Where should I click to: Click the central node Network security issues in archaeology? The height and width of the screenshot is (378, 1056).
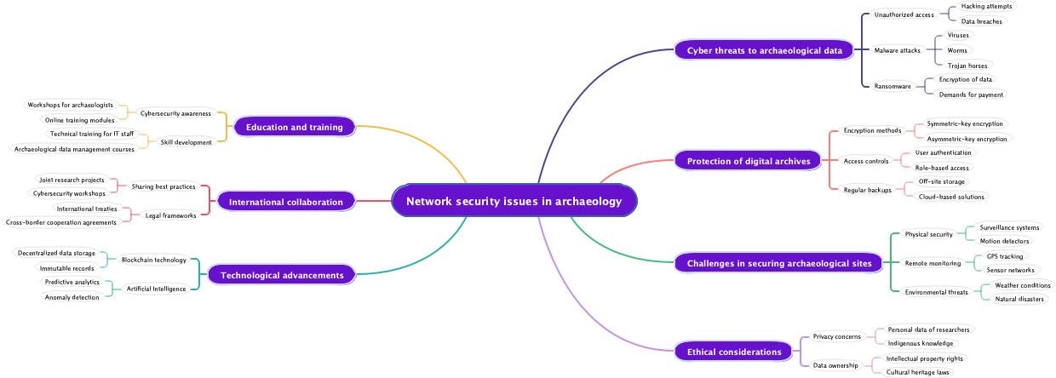pyautogui.click(x=514, y=202)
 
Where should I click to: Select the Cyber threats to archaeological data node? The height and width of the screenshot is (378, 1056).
pyautogui.click(x=764, y=50)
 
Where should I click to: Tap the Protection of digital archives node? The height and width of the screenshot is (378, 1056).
pyautogui.click(x=748, y=160)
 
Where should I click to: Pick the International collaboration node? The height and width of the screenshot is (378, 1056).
pyautogui.click(x=285, y=202)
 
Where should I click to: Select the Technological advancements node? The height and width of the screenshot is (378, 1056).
pyautogui.click(x=281, y=275)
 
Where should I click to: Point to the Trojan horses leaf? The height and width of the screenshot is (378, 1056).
pyautogui.click(x=967, y=66)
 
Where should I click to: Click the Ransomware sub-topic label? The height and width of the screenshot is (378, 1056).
pyautogui.click(x=892, y=86)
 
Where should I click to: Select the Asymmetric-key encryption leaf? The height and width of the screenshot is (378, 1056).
pyautogui.click(x=967, y=139)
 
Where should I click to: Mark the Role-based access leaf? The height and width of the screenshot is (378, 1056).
pyautogui.click(x=942, y=168)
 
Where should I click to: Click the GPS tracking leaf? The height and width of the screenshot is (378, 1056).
pyautogui.click(x=1005, y=256)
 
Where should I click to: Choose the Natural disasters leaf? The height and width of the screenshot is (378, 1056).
pyautogui.click(x=1019, y=299)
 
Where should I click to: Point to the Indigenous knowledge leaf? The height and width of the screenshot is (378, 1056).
pyautogui.click(x=921, y=344)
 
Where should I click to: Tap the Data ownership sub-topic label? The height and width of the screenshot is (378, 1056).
pyautogui.click(x=836, y=365)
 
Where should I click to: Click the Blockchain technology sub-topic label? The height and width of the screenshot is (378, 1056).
pyautogui.click(x=153, y=260)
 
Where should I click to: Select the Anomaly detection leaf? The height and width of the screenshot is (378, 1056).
pyautogui.click(x=72, y=297)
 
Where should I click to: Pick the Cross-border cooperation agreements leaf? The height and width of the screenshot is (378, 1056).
pyautogui.click(x=61, y=223)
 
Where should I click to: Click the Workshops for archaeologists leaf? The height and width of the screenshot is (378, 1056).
pyautogui.click(x=71, y=105)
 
